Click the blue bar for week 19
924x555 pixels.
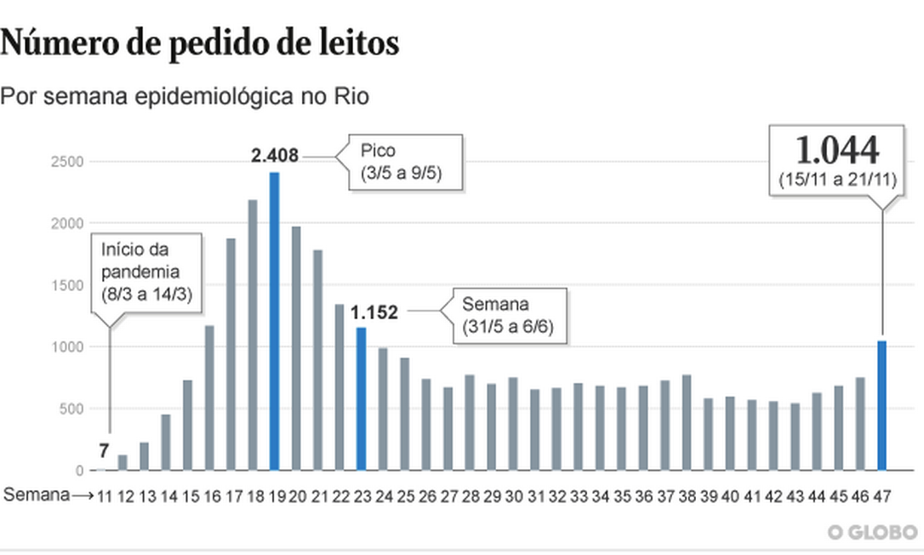point(274,321)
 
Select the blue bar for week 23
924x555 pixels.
point(361,398)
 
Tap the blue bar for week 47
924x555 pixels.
point(881,405)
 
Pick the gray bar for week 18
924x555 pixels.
point(253,335)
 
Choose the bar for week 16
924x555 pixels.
point(209,398)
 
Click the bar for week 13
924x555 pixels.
point(145,456)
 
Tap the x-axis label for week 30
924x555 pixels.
point(513,495)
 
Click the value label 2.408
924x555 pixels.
point(276,156)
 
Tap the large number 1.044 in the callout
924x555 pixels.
point(837,152)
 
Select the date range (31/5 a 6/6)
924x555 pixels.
point(509,328)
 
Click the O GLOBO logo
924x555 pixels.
point(872,532)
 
